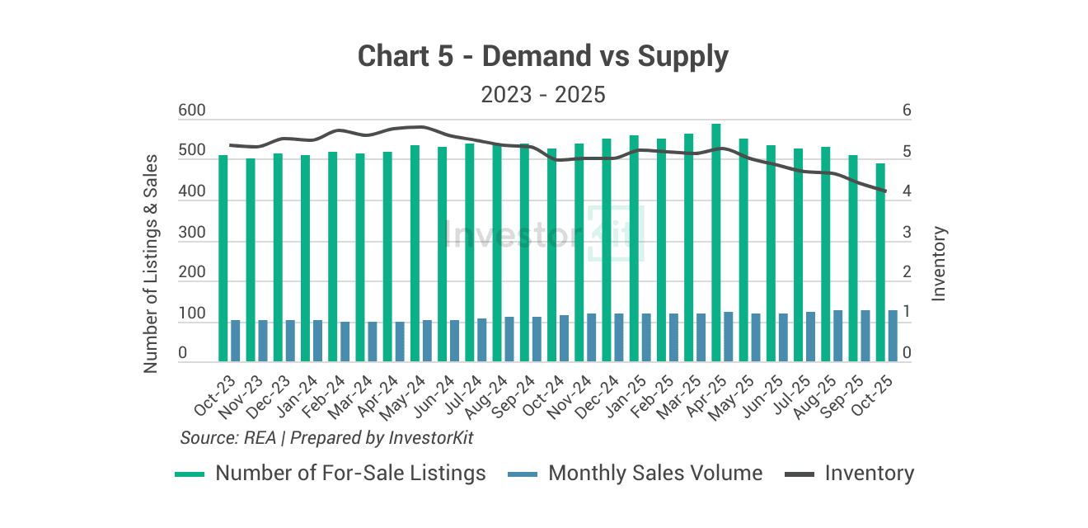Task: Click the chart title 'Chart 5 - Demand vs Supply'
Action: click(x=543, y=57)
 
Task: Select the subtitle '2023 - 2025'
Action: click(x=543, y=95)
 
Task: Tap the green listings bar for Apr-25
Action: click(x=716, y=243)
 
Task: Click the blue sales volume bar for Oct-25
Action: click(x=893, y=336)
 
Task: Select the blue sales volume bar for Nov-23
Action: click(x=263, y=341)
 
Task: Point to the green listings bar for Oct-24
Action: click(x=551, y=255)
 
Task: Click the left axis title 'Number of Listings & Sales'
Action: click(x=151, y=263)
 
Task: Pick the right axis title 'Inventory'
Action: click(x=939, y=263)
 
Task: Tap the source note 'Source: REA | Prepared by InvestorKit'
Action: click(x=326, y=437)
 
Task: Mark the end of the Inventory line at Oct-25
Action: click(x=885, y=191)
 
